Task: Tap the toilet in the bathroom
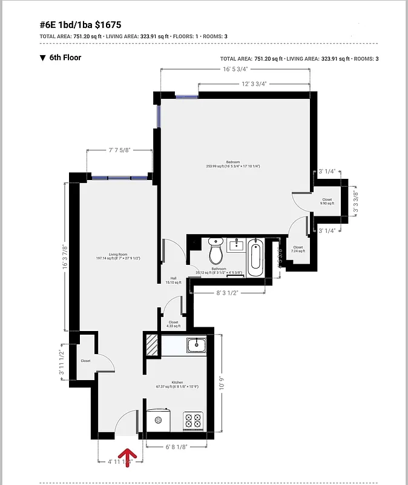pyautogui.click(x=216, y=250)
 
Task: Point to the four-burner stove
pyautogui.click(x=193, y=420)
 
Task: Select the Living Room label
pyautogui.click(x=109, y=256)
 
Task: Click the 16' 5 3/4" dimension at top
pyautogui.click(x=235, y=69)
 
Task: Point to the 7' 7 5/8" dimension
pyautogui.click(x=119, y=149)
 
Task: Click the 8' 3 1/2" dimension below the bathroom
pyautogui.click(x=228, y=292)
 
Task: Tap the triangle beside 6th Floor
pyautogui.click(x=42, y=58)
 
